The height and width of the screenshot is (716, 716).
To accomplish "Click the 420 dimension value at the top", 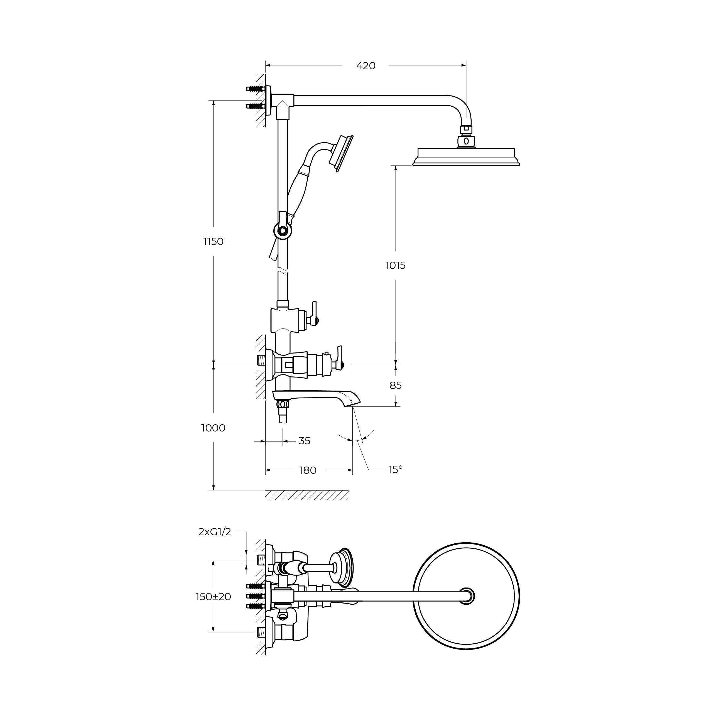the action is coord(366,66).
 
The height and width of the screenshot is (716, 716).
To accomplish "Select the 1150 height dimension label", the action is coord(214,242).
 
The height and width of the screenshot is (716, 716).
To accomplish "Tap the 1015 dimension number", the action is coord(395,265).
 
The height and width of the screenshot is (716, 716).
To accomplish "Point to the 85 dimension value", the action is coord(395,386).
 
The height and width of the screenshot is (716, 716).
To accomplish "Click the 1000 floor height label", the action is coord(214,428).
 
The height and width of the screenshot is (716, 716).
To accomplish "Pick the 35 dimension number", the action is coord(304,441).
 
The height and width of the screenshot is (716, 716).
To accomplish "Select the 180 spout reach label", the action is coord(308,470).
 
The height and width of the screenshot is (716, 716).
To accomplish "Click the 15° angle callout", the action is coord(395,470).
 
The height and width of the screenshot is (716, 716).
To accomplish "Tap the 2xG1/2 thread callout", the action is coord(215,532).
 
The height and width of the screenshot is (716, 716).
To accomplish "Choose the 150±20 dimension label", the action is coord(214,597).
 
